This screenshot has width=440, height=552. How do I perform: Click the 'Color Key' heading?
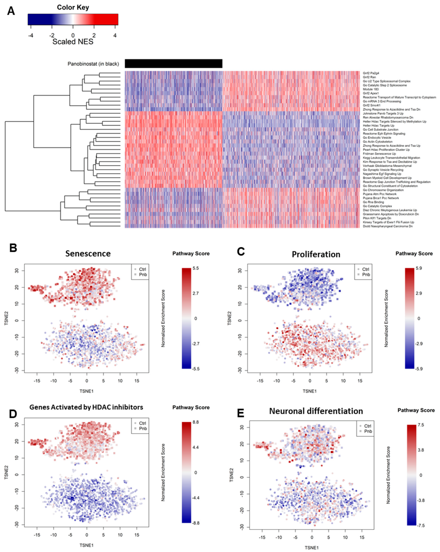[73, 7]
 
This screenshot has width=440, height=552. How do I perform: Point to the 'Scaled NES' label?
[73, 42]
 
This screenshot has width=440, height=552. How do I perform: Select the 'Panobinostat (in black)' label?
[93, 64]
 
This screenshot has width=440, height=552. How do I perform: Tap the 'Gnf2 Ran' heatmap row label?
[369, 77]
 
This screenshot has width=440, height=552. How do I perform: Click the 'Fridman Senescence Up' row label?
[379, 154]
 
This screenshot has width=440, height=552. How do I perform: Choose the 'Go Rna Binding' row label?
[373, 202]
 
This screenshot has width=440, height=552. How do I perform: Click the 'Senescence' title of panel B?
[88, 253]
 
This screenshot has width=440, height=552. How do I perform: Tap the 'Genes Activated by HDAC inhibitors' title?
[86, 407]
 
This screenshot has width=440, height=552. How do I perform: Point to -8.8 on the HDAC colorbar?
[196, 523]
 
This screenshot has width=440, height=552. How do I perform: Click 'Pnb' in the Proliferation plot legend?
[366, 275]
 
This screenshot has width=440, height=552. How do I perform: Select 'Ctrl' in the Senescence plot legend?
[142, 269]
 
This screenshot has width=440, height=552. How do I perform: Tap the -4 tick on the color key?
[30, 36]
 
